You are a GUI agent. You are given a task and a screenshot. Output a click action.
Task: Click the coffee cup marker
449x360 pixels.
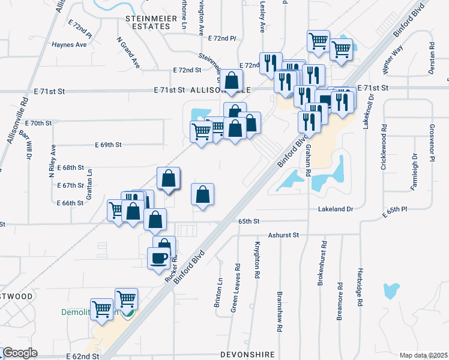tap(159, 258)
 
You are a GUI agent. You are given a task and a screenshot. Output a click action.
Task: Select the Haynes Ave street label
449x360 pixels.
tap(70, 44)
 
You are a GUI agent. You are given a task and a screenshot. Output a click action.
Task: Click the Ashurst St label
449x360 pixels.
tap(283, 236)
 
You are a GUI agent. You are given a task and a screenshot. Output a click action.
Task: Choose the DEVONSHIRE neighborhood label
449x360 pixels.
tap(247, 355)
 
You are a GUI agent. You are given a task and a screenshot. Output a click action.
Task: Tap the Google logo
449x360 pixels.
tap(20, 353)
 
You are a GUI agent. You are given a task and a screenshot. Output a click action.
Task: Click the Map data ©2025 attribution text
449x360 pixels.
tap(423, 355)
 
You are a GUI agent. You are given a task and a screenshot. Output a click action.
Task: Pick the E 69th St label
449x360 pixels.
tap(108, 145)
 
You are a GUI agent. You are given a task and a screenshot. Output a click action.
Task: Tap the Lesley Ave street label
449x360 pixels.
tap(262, 16)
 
